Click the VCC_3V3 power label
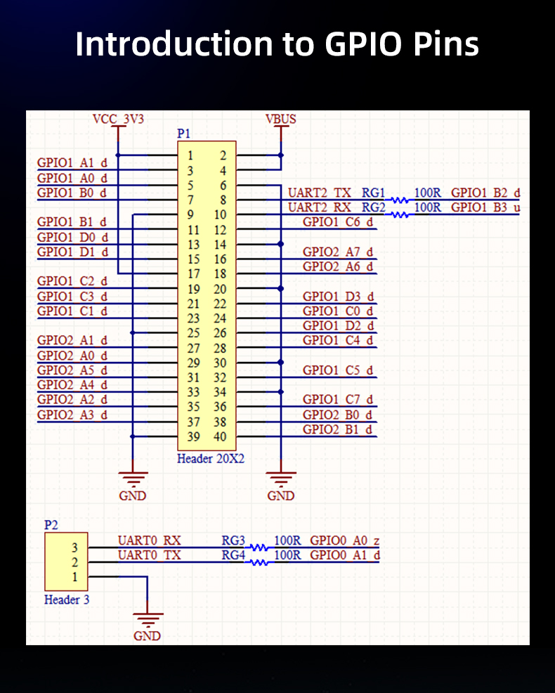click(118, 119)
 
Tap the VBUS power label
click(281, 119)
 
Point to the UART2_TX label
click(320, 193)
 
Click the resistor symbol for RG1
click(400, 200)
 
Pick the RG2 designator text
click(374, 207)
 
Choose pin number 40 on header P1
click(220, 437)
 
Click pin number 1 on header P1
click(191, 155)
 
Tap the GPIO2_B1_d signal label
click(338, 429)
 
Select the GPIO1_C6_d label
click(338, 222)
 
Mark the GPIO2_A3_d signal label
click(72, 415)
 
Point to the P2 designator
click(51, 524)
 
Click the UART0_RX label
click(149, 540)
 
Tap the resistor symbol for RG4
click(259, 562)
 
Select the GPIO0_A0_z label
click(345, 540)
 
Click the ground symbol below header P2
click(147, 620)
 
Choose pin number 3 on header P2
click(75, 548)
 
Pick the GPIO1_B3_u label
click(485, 207)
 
